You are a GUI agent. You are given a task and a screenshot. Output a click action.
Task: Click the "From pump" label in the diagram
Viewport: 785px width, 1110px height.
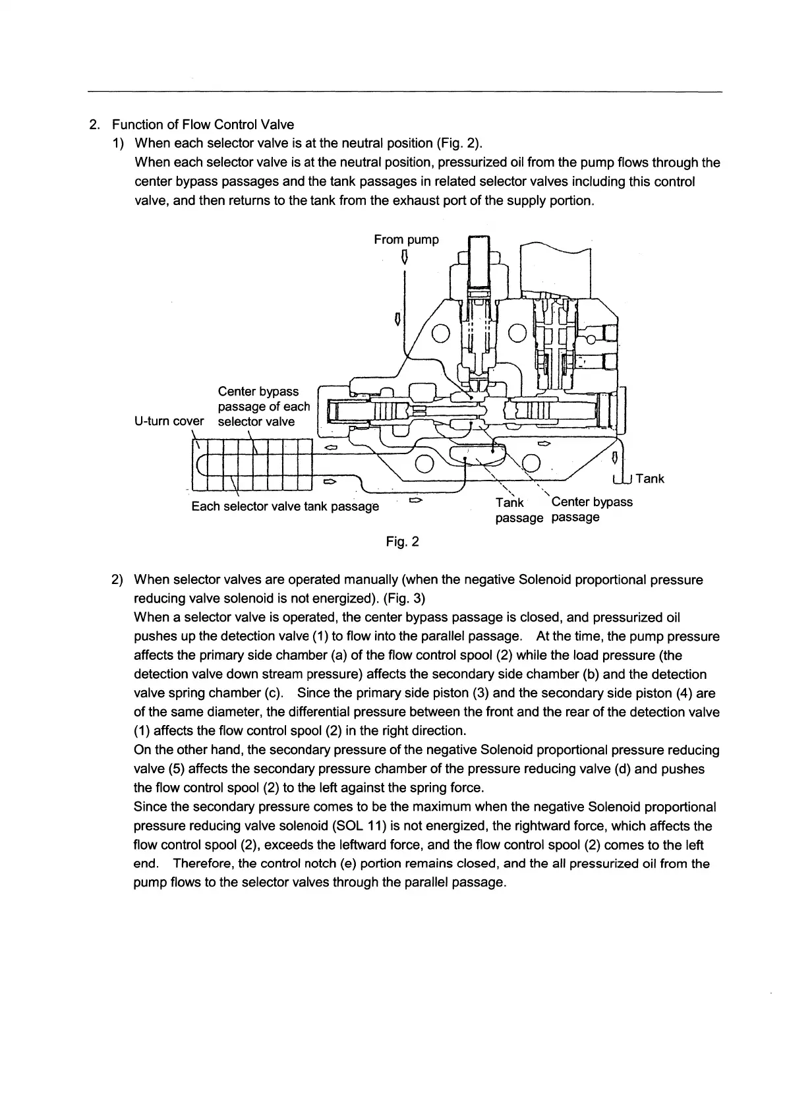point(406,240)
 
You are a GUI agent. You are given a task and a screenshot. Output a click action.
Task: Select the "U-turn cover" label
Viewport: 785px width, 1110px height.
point(169,421)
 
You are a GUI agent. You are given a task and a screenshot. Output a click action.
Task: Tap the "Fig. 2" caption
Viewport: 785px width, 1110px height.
point(402,542)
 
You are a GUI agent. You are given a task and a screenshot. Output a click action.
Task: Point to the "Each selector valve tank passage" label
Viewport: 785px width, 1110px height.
point(285,506)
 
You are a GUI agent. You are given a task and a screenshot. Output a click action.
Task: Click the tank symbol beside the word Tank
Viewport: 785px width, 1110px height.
point(622,479)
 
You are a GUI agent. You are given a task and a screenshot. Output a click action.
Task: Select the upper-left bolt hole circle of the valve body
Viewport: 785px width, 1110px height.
point(440,335)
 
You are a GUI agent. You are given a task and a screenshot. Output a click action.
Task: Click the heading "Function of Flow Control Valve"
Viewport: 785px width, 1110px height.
point(203,125)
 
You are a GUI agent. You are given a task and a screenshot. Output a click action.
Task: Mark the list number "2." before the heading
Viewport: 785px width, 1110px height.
point(94,125)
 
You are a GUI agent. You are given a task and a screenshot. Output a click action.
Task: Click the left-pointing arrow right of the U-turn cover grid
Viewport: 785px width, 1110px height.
point(331,448)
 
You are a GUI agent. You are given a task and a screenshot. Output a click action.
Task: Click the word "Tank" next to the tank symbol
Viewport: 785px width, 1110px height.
point(650,479)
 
